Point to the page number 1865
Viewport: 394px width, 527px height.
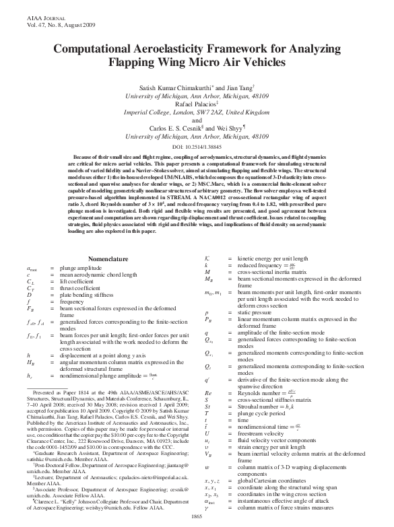(x=197, y=516)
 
